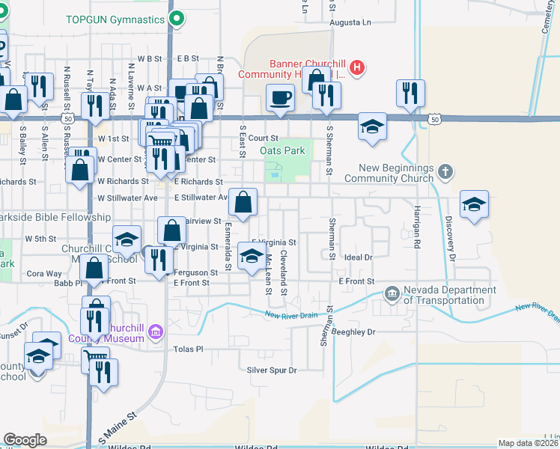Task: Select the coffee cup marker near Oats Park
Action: coord(281,98)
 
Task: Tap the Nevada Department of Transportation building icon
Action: coord(392,293)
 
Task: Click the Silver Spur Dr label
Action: coord(272,370)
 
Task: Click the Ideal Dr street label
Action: coord(359,257)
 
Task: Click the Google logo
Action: coord(25,440)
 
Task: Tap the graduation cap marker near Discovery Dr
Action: coord(473,206)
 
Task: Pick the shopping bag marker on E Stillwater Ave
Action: coord(243,201)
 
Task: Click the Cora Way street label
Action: coord(44,274)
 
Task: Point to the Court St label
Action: coord(264,138)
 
